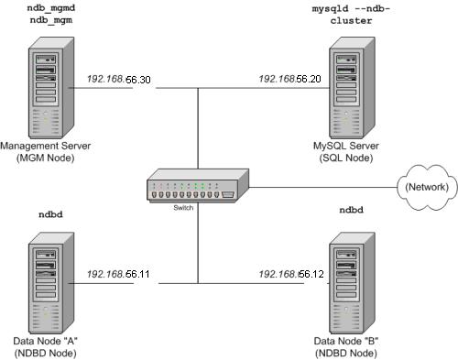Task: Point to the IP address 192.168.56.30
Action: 119,80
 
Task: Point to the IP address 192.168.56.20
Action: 292,80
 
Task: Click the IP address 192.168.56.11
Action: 119,274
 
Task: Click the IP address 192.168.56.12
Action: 292,274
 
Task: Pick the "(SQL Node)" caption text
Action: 353,158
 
